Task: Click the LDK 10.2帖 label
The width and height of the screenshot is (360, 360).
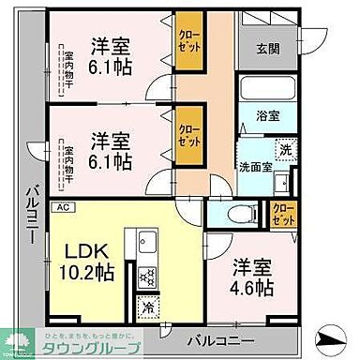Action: pyautogui.click(x=89, y=262)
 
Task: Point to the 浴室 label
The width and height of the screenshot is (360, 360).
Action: pyautogui.click(x=268, y=116)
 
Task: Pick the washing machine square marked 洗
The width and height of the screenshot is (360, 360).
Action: pyautogui.click(x=282, y=148)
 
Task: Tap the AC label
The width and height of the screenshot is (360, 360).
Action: pyautogui.click(x=64, y=207)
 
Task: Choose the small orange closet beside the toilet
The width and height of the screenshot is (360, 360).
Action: pyautogui.click(x=282, y=214)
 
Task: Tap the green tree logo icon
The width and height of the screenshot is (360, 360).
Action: pyautogui.click(x=16, y=343)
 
